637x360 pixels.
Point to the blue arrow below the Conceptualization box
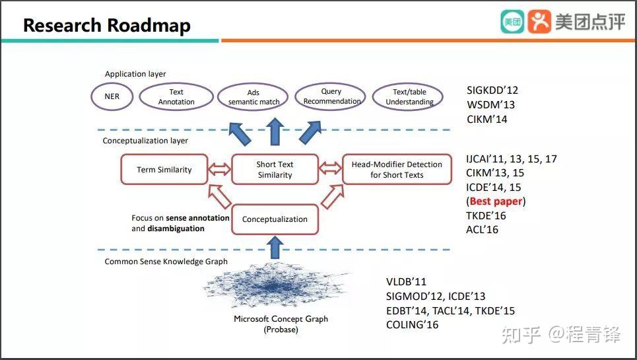(275, 248)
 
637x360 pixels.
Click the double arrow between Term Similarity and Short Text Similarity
(220, 168)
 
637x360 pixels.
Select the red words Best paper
(496, 201)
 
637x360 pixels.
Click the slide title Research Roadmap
(107, 25)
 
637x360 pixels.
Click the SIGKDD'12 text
(492, 90)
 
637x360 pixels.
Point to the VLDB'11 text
(406, 281)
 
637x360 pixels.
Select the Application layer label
(135, 74)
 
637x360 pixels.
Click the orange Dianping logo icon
(539, 22)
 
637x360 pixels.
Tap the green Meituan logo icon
(512, 22)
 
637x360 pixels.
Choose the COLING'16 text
(413, 324)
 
